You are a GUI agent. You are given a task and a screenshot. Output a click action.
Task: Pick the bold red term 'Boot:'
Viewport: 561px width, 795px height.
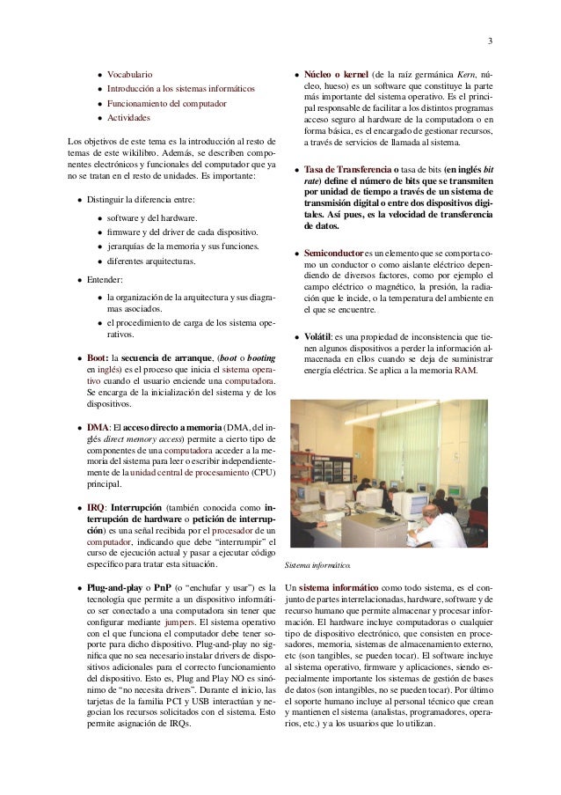coord(98,358)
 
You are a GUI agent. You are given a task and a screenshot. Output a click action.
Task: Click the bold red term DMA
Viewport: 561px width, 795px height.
coord(97,427)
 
